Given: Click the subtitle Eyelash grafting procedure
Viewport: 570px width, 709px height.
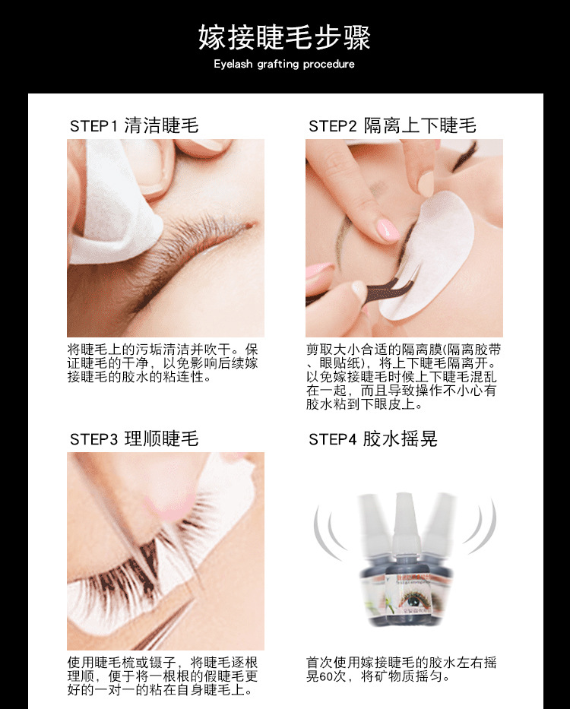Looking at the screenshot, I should [x=285, y=64].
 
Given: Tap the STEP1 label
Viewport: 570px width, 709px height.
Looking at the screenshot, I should [x=93, y=126].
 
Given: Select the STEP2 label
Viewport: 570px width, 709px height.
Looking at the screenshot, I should [x=332, y=126].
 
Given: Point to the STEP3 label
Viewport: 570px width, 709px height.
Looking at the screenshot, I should [x=93, y=439].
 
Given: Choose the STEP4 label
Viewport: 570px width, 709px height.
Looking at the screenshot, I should [x=332, y=439].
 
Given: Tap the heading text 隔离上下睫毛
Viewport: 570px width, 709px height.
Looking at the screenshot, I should [x=420, y=125].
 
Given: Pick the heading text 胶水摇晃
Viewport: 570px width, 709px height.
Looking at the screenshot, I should [x=400, y=438].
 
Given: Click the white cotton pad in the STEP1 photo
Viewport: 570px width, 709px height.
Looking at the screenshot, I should [x=114, y=201].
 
